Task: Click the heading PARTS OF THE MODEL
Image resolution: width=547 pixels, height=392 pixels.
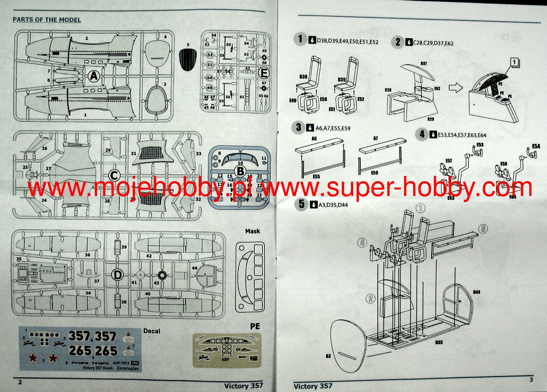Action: (47, 20)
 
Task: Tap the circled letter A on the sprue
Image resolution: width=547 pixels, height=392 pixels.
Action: (94, 76)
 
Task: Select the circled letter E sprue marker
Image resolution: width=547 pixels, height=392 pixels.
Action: (264, 73)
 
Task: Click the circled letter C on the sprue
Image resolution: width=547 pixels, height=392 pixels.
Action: (114, 175)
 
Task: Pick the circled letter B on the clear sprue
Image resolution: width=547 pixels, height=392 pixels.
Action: (240, 172)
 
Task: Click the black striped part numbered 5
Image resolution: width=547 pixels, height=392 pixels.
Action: (188, 60)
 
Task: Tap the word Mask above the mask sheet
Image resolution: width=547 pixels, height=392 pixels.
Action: (252, 231)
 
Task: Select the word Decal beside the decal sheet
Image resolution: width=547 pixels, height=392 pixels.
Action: (152, 331)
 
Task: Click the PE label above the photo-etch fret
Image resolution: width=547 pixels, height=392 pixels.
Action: (255, 326)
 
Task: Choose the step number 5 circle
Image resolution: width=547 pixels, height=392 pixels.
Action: (302, 204)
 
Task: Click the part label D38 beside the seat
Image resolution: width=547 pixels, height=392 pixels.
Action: (303, 77)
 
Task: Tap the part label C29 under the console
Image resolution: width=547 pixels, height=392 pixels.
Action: (430, 119)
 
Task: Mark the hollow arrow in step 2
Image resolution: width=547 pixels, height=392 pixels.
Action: (456, 88)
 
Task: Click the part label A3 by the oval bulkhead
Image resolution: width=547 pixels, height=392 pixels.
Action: (328, 356)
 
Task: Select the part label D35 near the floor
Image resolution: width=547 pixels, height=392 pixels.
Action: (439, 342)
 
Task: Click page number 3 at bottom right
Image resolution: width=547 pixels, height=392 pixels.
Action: (531, 380)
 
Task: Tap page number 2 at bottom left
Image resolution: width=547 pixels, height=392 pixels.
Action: (20, 382)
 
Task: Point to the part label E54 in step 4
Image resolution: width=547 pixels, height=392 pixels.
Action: (536, 146)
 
